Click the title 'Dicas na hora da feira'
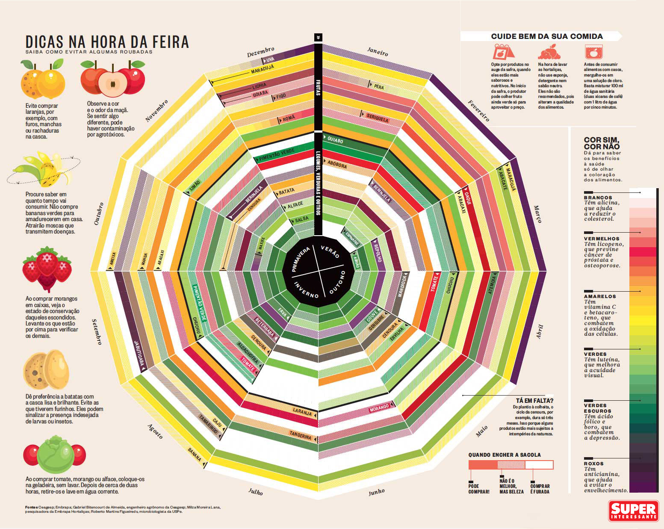click(107, 42)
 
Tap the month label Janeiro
click(378, 52)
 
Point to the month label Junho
click(376, 492)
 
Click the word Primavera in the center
click(301, 259)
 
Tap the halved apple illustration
click(112, 80)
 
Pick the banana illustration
click(43, 169)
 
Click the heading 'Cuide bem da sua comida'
click(547, 36)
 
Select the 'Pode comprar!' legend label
click(479, 489)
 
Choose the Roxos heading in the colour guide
click(594, 464)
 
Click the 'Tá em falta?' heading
click(534, 401)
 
